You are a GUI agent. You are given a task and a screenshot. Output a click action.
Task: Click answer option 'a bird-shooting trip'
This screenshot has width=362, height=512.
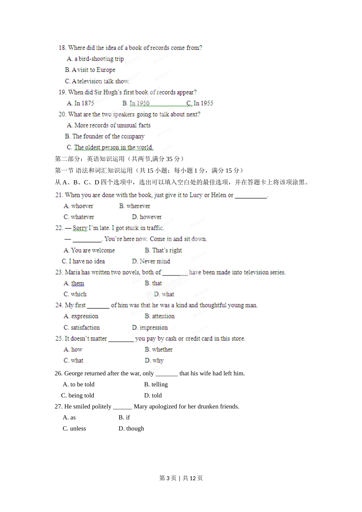click(x=99, y=59)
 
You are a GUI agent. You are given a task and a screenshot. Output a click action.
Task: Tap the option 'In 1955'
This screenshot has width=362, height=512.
click(x=203, y=103)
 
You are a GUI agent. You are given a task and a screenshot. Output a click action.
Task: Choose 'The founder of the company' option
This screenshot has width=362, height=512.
click(x=108, y=136)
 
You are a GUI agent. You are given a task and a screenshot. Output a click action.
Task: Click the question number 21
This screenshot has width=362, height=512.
click(x=59, y=195)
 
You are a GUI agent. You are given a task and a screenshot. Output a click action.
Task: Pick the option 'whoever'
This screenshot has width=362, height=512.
click(x=82, y=206)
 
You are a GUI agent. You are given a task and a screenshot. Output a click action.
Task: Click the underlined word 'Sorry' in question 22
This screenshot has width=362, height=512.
click(x=80, y=228)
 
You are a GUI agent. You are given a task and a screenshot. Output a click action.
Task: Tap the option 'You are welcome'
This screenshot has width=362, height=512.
click(x=93, y=250)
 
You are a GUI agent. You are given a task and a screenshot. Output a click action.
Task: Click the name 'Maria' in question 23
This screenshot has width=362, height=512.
click(x=72, y=272)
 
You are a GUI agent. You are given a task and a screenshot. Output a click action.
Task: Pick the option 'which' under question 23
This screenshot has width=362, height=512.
click(x=78, y=294)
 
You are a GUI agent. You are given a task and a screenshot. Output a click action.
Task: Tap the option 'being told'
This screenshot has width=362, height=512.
click(x=81, y=395)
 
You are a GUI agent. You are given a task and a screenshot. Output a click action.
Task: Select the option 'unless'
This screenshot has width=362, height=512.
click(x=78, y=429)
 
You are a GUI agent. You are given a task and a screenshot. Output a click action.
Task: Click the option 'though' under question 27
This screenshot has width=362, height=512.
click(x=135, y=429)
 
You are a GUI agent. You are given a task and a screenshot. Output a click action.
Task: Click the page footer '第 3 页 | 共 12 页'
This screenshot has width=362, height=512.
click(x=181, y=478)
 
